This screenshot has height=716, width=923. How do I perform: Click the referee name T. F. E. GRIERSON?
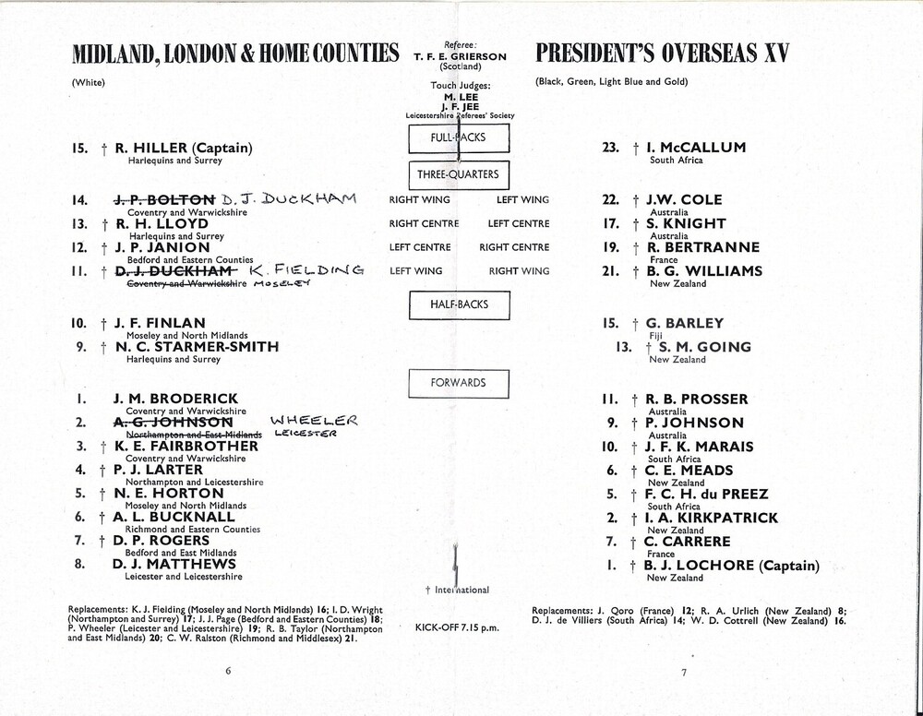tap(460, 56)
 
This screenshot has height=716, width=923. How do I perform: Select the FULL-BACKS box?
tap(459, 137)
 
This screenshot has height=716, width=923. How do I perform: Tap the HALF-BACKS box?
tap(459, 304)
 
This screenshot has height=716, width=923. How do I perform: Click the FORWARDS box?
tap(459, 383)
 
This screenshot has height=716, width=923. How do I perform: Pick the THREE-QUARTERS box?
tap(459, 174)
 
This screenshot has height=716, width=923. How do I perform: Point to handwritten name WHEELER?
tap(314, 421)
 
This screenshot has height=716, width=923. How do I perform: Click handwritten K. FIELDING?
tap(306, 270)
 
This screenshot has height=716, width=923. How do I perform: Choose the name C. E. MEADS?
tap(689, 471)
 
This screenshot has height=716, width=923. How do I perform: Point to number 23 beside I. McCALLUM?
tap(610, 148)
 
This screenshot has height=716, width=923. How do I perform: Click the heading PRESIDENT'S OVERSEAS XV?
tap(662, 54)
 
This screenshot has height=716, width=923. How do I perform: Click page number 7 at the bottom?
tap(684, 673)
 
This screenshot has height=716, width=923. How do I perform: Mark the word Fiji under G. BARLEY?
tap(658, 336)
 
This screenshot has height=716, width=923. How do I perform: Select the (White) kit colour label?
tap(89, 83)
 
